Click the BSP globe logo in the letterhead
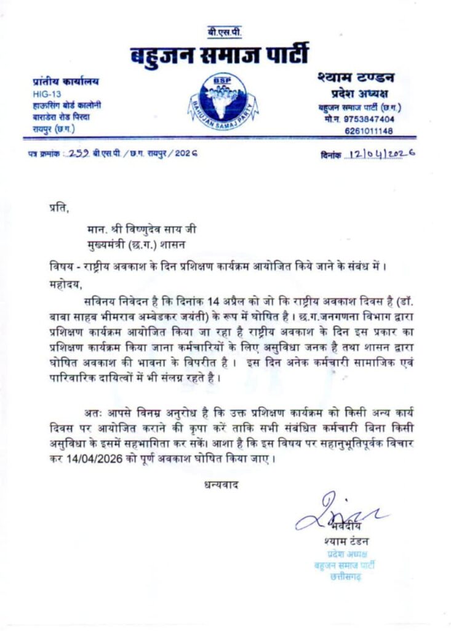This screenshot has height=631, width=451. tap(225, 99)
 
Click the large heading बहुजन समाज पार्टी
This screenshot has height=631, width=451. tap(220, 55)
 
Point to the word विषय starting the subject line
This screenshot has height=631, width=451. tap(59, 269)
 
